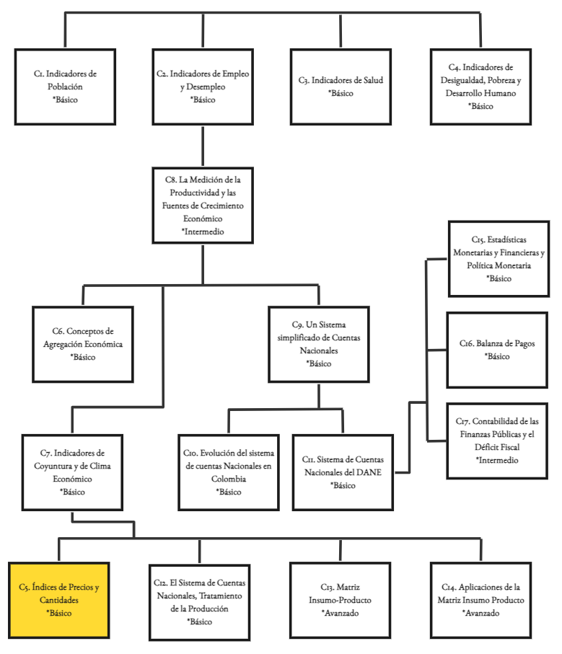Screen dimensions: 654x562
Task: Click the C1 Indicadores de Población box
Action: coord(65,87)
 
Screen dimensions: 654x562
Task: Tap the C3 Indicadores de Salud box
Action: coord(341,87)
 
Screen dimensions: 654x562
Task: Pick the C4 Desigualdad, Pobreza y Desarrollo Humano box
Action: coord(480,87)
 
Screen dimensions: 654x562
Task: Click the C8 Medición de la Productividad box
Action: coord(203,205)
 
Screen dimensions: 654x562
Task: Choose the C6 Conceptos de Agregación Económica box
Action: coord(83,344)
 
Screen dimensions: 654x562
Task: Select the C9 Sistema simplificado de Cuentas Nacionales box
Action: coord(318,344)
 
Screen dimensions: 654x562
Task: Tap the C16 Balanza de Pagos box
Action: coord(498,350)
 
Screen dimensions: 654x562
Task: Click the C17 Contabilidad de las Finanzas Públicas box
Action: coord(498,441)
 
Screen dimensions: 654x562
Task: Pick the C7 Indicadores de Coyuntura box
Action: coord(73,472)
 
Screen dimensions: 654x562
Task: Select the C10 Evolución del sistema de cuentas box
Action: coord(229,472)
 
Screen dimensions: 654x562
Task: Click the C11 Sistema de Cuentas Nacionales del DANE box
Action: coord(343,472)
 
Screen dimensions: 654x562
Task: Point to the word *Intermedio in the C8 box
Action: coord(203,232)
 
